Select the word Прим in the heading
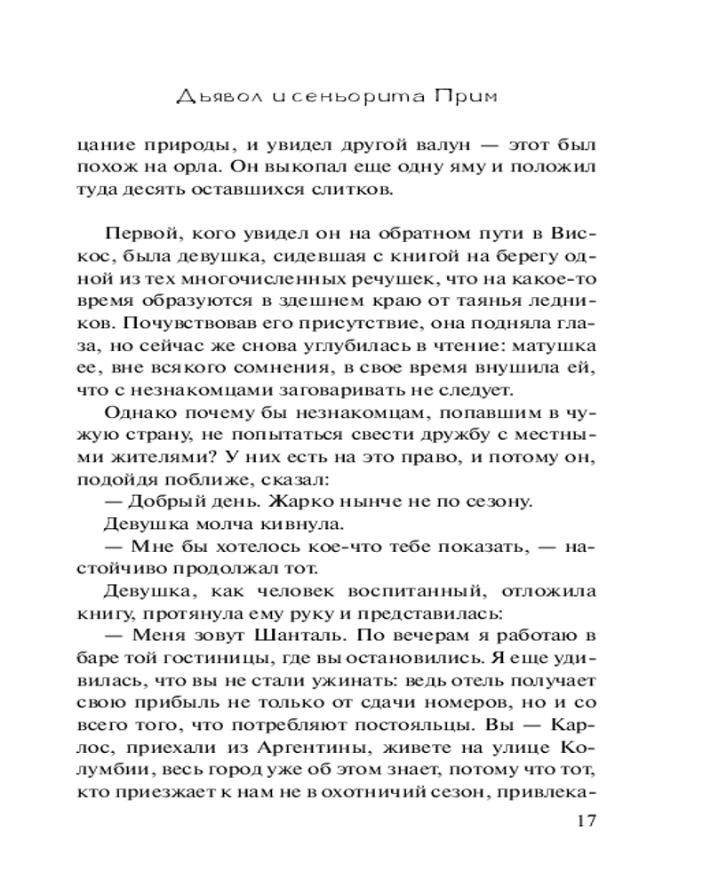(482, 94)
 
